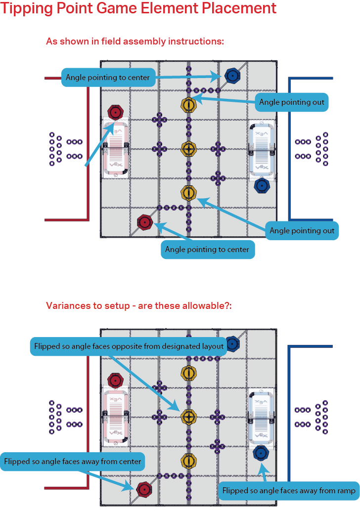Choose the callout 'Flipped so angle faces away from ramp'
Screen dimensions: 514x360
289,491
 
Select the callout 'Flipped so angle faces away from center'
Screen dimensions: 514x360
73,462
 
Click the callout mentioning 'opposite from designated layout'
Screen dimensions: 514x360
129,346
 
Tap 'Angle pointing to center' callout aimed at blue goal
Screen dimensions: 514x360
107,77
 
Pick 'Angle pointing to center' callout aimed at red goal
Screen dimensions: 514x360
207,249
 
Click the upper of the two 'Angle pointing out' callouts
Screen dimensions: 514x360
292,102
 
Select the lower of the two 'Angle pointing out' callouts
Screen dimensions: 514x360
302,230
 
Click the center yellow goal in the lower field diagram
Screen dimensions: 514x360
188,417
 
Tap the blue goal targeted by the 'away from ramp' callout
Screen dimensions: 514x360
261,453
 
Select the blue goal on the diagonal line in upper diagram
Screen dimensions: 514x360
232,75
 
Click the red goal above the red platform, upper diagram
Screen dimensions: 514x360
115,113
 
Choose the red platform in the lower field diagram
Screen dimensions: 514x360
115,415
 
